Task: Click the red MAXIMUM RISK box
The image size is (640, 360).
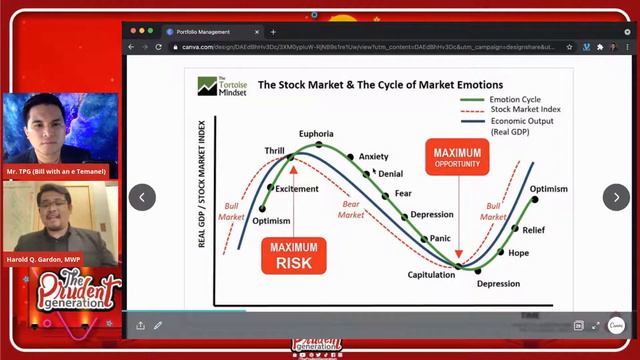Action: pyautogui.click(x=292, y=255)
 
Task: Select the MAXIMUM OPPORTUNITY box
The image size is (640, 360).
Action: pyautogui.click(x=457, y=158)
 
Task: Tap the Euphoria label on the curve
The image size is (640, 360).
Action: pyautogui.click(x=316, y=134)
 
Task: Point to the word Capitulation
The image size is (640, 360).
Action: pyautogui.click(x=432, y=275)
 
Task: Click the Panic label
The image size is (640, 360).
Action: pyautogui.click(x=441, y=238)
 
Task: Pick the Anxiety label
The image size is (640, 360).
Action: pyautogui.click(x=373, y=157)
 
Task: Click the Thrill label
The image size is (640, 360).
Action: pyautogui.click(x=274, y=151)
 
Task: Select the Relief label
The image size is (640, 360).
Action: pyautogui.click(x=534, y=230)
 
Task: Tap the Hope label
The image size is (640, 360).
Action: pyautogui.click(x=518, y=253)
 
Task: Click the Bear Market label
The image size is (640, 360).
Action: pyautogui.click(x=350, y=208)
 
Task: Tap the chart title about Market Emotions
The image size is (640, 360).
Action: pyautogui.click(x=380, y=85)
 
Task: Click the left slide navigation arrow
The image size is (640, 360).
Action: pyautogui.click(x=142, y=197)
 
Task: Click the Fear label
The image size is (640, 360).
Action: pyautogui.click(x=403, y=193)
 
